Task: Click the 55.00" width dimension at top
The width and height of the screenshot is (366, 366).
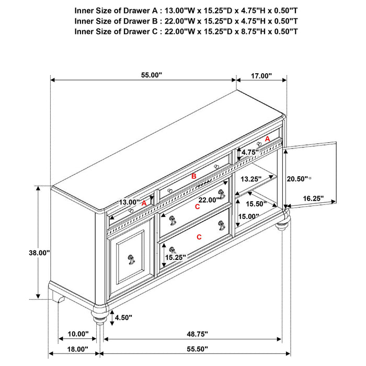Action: point(152,75)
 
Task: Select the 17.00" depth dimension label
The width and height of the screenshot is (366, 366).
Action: point(261,76)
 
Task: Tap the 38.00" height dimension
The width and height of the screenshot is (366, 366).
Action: point(39,253)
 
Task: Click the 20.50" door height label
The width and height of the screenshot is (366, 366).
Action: point(298,178)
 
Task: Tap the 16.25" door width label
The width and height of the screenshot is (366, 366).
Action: point(313,199)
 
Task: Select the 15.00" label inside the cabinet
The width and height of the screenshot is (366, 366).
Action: point(248,216)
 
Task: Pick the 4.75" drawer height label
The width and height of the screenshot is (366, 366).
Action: point(250,153)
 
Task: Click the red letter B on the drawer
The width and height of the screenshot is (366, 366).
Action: point(193,177)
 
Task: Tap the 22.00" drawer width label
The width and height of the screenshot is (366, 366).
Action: point(209,199)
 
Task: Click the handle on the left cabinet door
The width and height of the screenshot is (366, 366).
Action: point(129,258)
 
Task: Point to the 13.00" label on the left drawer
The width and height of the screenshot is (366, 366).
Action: point(129,202)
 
